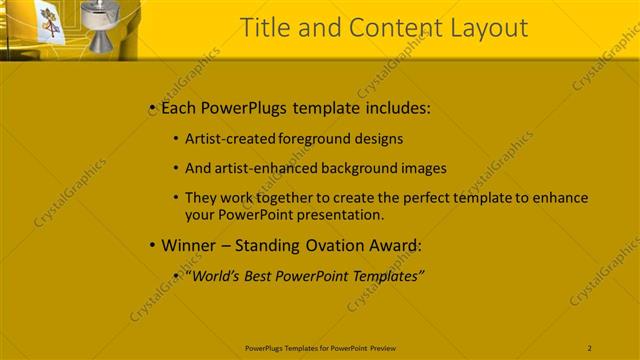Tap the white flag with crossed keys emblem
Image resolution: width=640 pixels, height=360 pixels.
(49, 22)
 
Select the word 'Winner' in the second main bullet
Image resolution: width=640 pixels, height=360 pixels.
(187, 245)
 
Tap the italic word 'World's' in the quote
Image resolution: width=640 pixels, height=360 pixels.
(215, 275)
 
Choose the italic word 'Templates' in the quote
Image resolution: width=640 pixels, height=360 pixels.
(385, 275)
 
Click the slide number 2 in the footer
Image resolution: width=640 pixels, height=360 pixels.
(589, 347)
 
